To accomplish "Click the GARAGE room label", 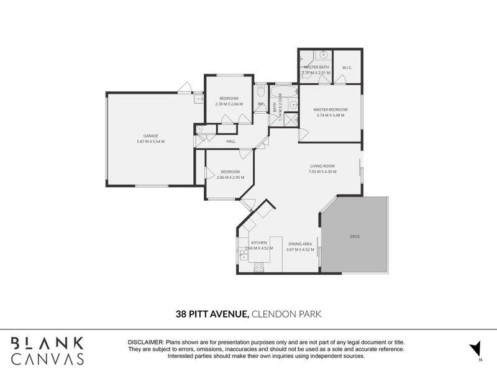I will [x=151, y=136].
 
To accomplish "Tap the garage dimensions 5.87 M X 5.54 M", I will [x=151, y=142].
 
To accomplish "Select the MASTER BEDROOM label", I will [x=330, y=109].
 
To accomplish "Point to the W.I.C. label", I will [x=347, y=68].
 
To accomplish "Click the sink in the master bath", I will [x=322, y=55].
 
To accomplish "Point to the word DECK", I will [x=355, y=236].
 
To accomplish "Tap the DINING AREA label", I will [x=299, y=244].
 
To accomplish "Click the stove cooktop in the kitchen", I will [x=258, y=267].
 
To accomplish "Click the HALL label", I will [x=230, y=142].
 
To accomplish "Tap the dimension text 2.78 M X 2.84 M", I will [x=229, y=104].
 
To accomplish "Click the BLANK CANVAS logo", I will [x=47, y=350].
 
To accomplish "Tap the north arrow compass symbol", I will [x=476, y=349].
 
